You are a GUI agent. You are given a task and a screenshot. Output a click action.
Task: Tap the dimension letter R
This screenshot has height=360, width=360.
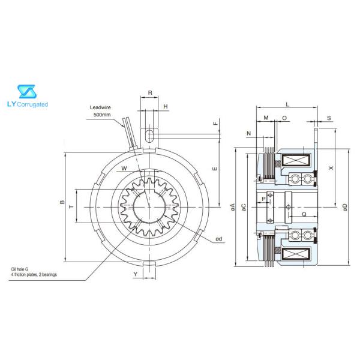(x=150, y=94)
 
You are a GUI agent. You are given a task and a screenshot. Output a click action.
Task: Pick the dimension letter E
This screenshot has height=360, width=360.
(x=214, y=169)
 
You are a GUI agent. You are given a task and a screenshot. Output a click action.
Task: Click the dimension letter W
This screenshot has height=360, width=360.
(x=124, y=169)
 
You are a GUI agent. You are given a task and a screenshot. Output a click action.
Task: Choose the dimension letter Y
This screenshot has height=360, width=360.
(x=135, y=274)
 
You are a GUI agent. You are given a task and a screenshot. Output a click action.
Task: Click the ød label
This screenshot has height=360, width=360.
(x=220, y=239)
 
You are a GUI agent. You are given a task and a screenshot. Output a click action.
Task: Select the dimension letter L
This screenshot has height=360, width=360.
(x=287, y=104)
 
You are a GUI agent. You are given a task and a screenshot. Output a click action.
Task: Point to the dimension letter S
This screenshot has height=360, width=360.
(x=329, y=118)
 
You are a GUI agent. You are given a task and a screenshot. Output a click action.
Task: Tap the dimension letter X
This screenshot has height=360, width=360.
(x=331, y=169)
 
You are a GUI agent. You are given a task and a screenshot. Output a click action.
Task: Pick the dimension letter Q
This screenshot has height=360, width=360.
(x=304, y=214)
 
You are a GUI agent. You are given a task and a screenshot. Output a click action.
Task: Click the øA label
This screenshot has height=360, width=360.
(x=232, y=206)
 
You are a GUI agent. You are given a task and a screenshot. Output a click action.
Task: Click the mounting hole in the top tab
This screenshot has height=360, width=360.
(x=150, y=132)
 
